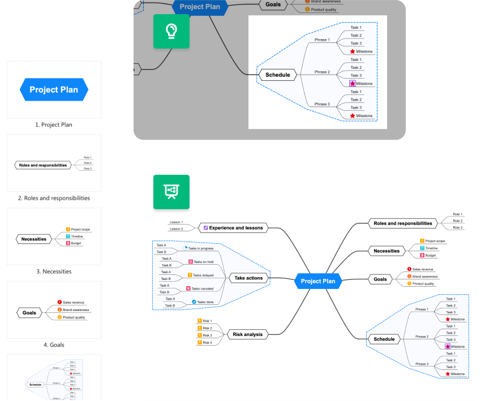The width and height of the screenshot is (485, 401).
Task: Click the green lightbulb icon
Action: (171, 31)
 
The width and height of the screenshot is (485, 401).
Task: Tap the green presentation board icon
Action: (171, 192)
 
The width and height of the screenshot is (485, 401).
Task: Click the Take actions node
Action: (248, 278)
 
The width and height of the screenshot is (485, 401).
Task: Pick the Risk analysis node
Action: (248, 334)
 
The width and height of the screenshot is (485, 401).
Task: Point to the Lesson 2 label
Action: (176, 230)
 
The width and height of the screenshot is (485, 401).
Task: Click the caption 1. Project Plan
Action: (54, 125)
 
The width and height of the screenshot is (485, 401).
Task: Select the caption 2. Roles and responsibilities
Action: (54, 199)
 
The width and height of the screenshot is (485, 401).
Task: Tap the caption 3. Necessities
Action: (54, 271)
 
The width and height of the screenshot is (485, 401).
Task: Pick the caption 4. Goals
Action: (54, 344)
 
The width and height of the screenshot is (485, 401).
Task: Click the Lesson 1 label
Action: (176, 222)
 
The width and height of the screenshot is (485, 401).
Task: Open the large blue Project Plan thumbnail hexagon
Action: (54, 89)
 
